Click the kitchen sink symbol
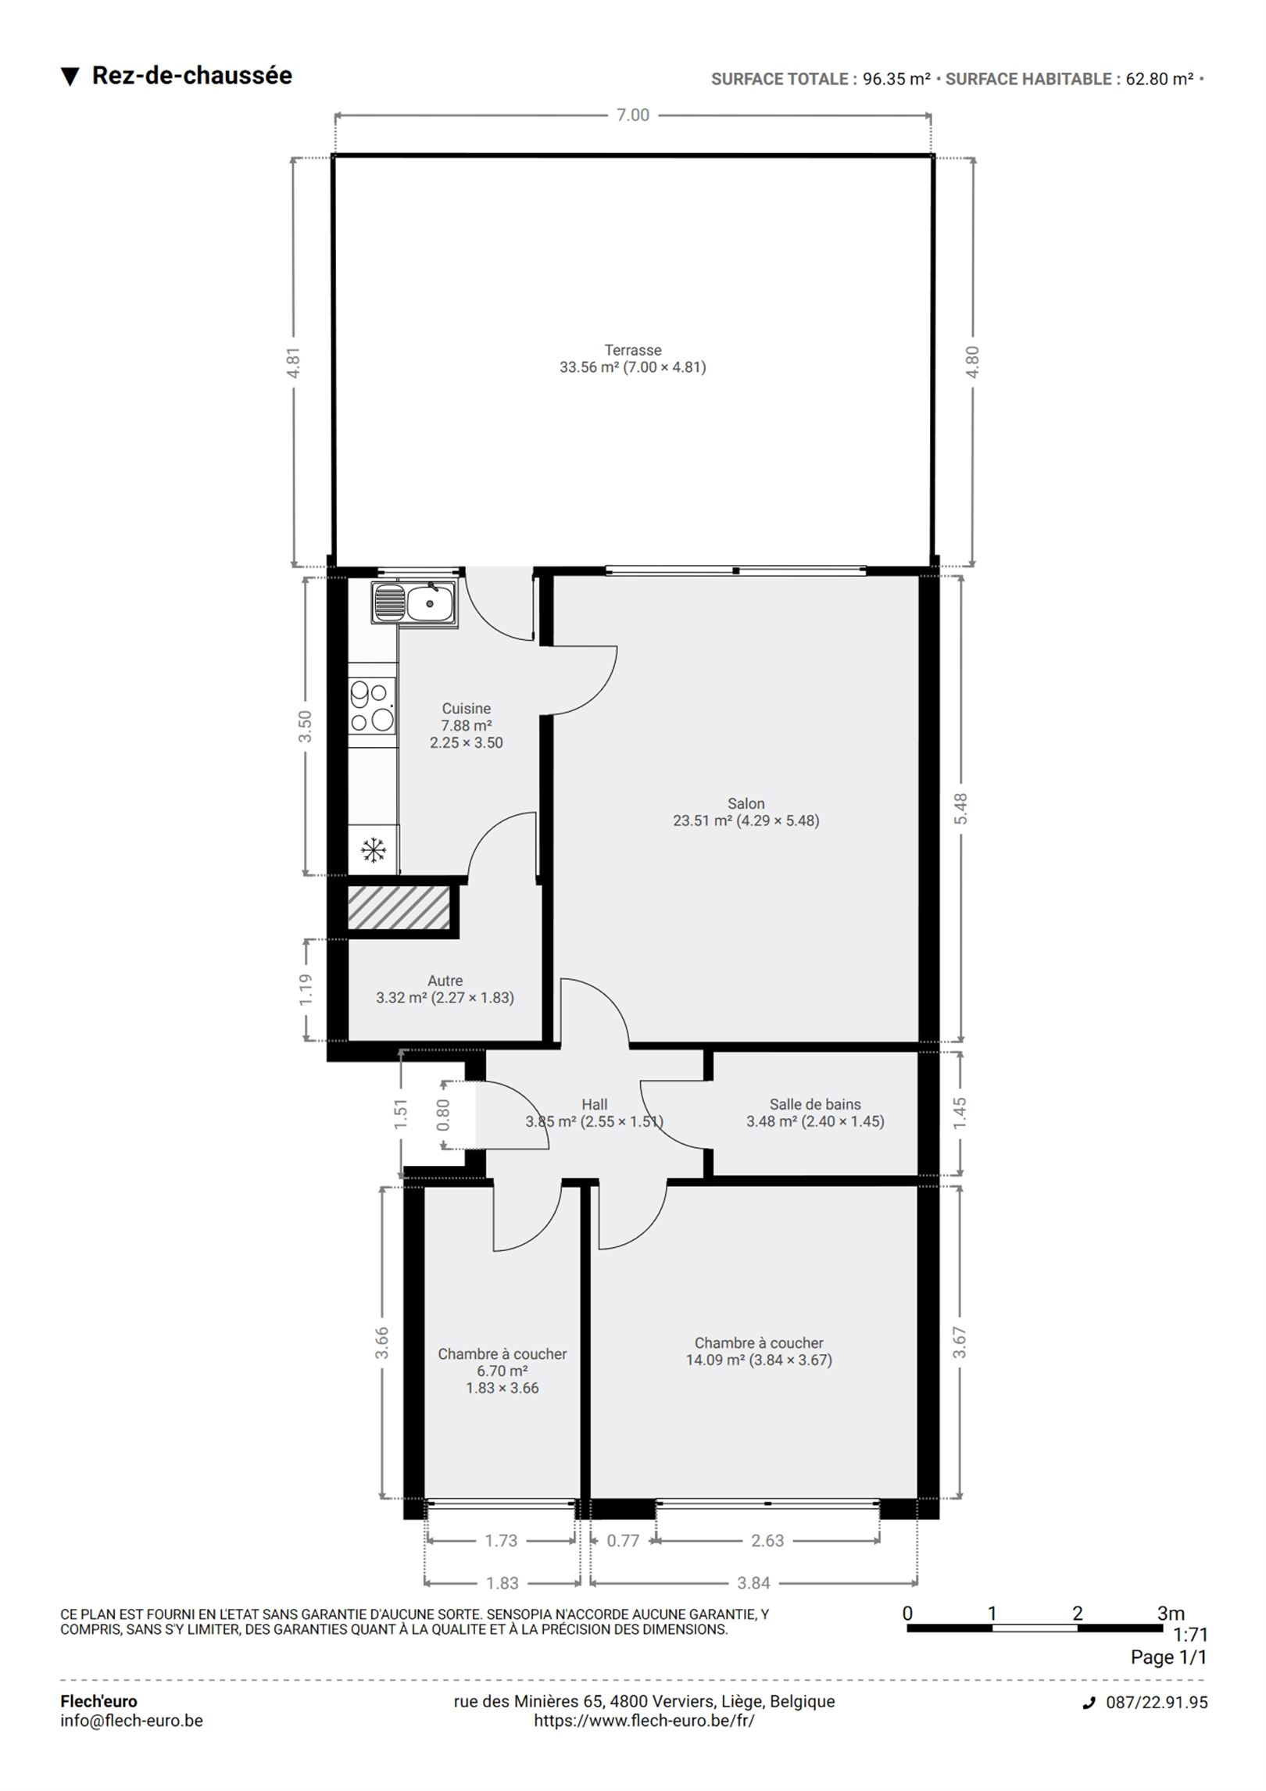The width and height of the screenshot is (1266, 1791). click(415, 603)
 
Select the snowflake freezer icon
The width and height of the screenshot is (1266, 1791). click(374, 849)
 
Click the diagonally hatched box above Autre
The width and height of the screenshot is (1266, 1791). click(399, 907)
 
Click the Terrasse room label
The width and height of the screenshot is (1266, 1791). click(633, 350)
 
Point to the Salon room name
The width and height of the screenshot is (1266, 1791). click(746, 803)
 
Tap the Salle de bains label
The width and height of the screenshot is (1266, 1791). click(815, 1104)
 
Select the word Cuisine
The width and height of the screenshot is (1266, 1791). click(467, 709)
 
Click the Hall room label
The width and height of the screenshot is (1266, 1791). click(595, 1104)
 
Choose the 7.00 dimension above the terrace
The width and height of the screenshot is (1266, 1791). click(633, 115)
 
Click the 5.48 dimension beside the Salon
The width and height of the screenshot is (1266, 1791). click(960, 809)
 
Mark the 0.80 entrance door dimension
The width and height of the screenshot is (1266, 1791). click(443, 1115)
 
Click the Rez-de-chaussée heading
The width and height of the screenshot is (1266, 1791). click(192, 76)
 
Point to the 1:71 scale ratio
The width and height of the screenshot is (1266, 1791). click(1190, 1634)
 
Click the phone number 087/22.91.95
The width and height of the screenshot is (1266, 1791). click(1157, 1703)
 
